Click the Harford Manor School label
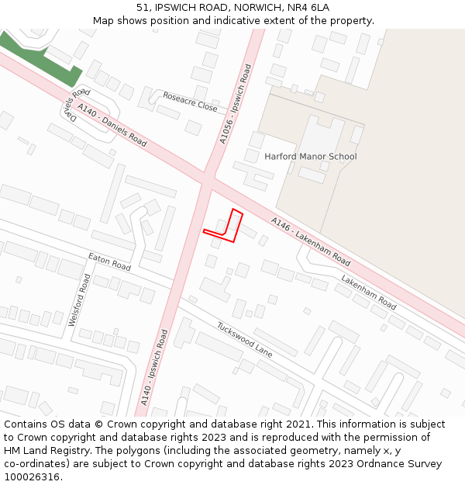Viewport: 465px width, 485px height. pyautogui.click(x=310, y=157)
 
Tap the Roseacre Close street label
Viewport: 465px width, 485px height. pyautogui.click(x=190, y=102)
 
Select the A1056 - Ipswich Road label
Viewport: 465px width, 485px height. pyautogui.click(x=235, y=104)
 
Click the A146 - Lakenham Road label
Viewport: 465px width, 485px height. pyautogui.click(x=311, y=241)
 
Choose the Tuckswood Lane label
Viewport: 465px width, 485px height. pyautogui.click(x=244, y=339)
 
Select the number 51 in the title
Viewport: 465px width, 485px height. pyautogui.click(x=143, y=7)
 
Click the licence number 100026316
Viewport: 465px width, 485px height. pyautogui.click(x=32, y=476)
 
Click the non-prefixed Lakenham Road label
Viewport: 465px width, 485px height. pyautogui.click(x=369, y=290)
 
